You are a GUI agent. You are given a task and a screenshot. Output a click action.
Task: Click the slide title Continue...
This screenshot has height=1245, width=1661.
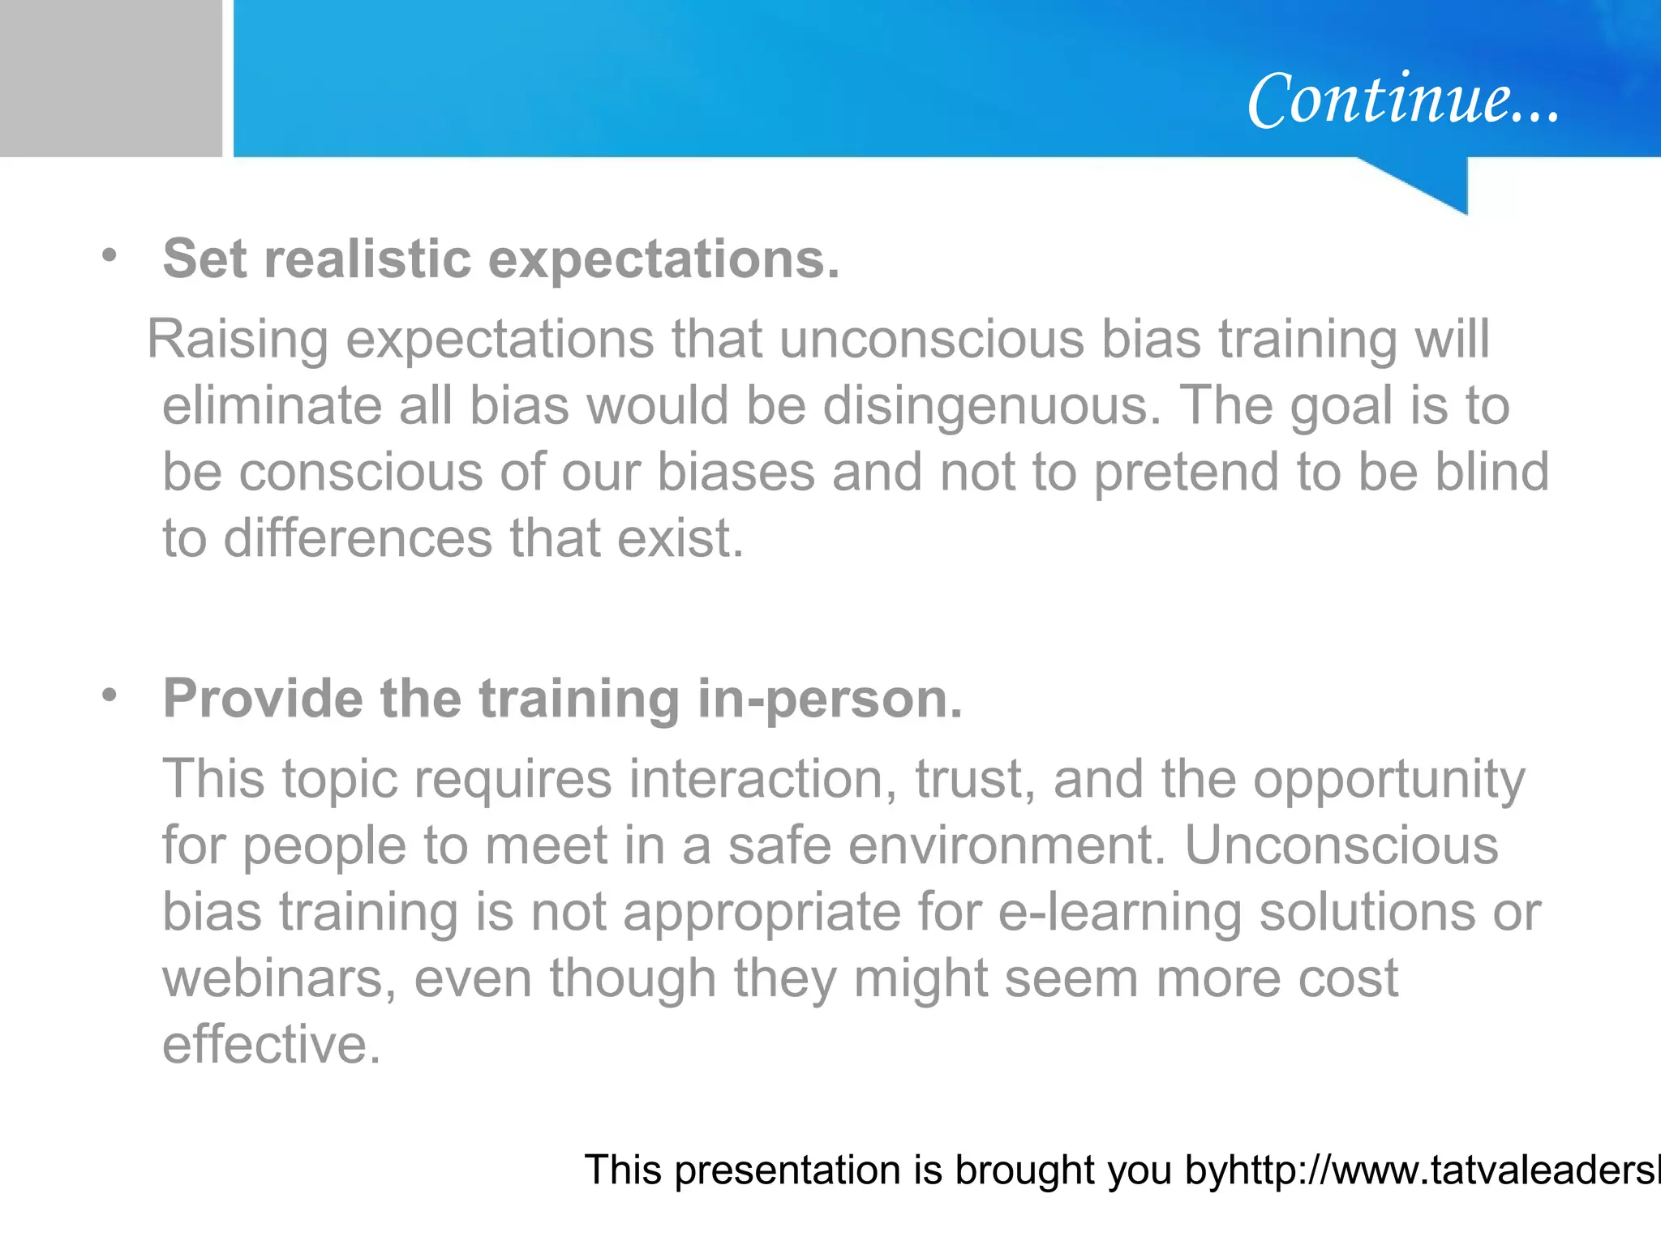[1402, 100]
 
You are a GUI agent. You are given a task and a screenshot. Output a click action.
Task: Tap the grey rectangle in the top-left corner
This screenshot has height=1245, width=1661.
[110, 78]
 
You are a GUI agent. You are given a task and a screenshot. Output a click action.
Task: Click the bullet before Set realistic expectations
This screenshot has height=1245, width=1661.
[109, 256]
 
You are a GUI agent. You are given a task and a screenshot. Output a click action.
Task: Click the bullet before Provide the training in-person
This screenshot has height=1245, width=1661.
[109, 695]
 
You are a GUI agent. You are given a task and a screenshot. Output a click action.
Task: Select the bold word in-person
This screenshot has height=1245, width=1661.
[830, 699]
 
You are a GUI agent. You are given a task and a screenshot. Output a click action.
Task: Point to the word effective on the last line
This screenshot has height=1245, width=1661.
[271, 1045]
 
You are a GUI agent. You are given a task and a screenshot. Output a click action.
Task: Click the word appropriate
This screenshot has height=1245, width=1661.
[762, 913]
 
